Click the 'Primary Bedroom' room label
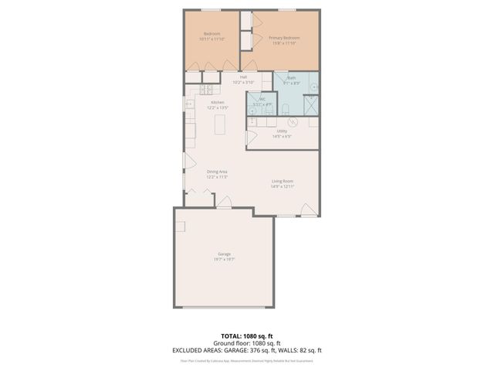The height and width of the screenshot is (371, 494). (284, 38)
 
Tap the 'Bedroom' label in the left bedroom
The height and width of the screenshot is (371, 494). (212, 34)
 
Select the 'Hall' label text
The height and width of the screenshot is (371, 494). (244, 77)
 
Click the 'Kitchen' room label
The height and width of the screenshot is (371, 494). (218, 102)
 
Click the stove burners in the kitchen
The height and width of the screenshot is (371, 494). (189, 103)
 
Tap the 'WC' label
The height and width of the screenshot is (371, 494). (262, 99)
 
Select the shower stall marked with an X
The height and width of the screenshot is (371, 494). (310, 104)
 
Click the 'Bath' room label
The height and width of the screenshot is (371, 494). (292, 77)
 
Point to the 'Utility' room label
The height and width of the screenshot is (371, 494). (283, 131)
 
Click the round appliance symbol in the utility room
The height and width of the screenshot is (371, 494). (293, 122)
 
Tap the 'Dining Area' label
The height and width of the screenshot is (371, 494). (217, 172)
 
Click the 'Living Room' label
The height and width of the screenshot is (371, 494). (282, 181)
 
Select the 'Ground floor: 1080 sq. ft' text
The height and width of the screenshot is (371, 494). (246, 343)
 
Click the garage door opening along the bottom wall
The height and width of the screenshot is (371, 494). (224, 308)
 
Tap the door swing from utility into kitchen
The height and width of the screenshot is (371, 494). (250, 138)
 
